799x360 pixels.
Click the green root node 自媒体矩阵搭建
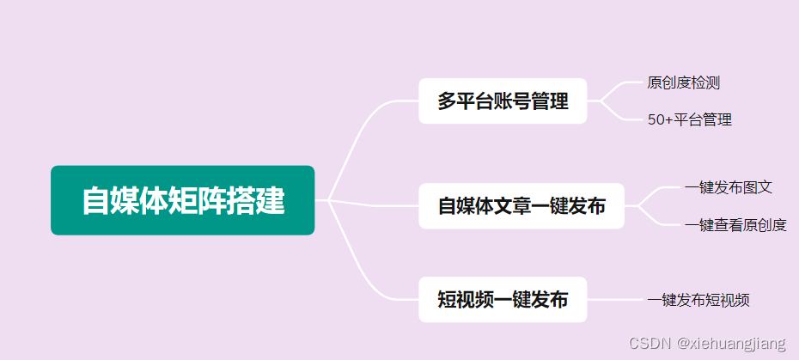(182, 200)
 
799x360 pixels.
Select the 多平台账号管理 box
(503, 101)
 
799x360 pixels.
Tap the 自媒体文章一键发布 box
(521, 206)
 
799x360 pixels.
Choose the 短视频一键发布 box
(503, 300)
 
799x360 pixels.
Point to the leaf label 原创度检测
(683, 83)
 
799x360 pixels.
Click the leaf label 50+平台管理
(689, 119)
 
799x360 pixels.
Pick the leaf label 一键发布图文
(729, 187)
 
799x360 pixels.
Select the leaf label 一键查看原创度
(735, 225)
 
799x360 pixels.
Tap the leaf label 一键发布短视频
(698, 300)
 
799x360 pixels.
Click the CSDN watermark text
(649, 344)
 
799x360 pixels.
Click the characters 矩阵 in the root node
(204, 200)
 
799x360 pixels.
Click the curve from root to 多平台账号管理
(361, 129)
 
